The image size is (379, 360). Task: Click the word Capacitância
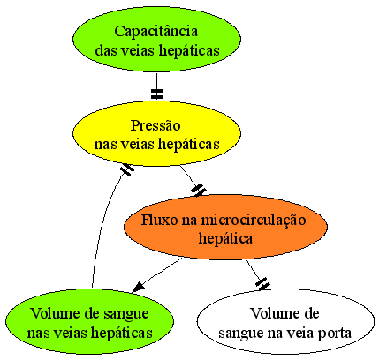click(x=155, y=32)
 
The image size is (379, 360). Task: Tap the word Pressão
click(x=155, y=126)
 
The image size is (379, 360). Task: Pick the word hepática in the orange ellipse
click(x=225, y=238)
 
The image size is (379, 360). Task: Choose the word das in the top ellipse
click(x=104, y=50)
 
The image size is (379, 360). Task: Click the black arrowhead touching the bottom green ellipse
click(x=139, y=287)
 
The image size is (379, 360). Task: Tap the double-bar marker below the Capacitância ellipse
click(x=157, y=94)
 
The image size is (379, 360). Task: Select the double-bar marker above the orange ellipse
click(x=199, y=190)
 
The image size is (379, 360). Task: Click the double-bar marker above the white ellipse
click(x=262, y=284)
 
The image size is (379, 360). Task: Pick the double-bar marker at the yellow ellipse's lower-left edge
click(x=126, y=169)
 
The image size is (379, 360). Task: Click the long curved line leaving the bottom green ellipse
click(x=102, y=223)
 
